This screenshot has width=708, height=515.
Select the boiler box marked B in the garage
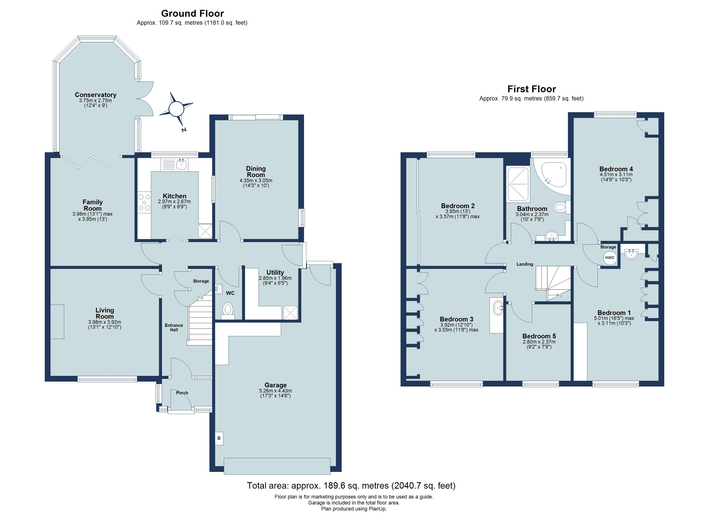(x=219, y=438)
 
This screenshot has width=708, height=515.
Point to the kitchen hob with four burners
(x=144, y=202)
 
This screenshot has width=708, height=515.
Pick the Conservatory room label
(x=95, y=95)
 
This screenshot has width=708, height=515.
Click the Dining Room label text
(x=256, y=171)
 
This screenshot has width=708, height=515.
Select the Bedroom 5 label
(x=539, y=336)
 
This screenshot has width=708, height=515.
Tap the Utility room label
(x=275, y=272)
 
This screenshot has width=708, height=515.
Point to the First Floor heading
(x=532, y=89)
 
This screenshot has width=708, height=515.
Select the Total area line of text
(x=351, y=486)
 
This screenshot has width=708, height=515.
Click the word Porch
(x=182, y=393)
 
